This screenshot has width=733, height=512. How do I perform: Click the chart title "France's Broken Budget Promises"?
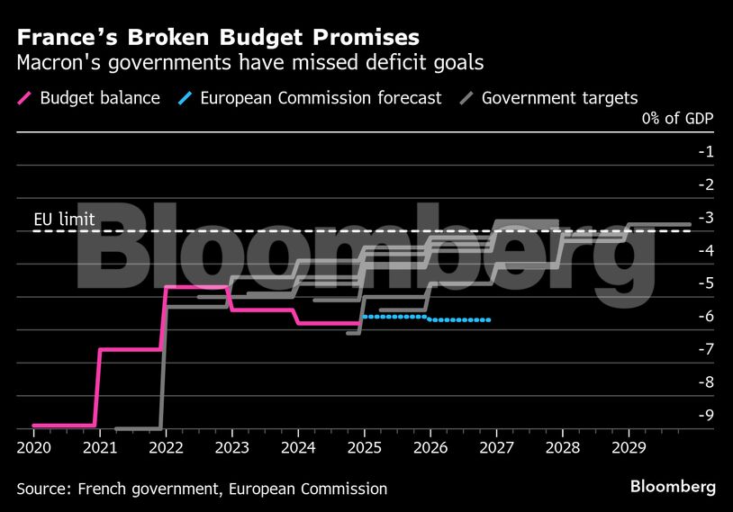[x=217, y=37]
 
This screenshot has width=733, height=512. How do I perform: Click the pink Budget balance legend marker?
[x=24, y=97]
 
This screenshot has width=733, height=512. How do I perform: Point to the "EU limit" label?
[x=64, y=220]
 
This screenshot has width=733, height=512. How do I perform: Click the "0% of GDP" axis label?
[x=678, y=119]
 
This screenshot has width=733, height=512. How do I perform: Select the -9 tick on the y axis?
[x=705, y=415]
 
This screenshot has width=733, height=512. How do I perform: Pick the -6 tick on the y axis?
[x=705, y=316]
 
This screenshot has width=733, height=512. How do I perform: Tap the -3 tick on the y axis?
[x=705, y=217]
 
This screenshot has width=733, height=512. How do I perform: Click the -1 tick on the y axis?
[x=705, y=151]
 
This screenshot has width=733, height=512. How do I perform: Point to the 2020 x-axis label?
[x=33, y=446]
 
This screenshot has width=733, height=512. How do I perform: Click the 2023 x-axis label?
[x=231, y=446]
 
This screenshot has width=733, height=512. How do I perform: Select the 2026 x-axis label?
[x=430, y=446]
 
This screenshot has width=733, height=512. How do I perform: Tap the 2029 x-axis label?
[x=629, y=446]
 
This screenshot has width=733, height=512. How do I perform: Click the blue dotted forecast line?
[x=423, y=317]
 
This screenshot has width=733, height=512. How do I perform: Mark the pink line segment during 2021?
[x=131, y=348]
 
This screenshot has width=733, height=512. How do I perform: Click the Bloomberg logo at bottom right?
[x=674, y=487]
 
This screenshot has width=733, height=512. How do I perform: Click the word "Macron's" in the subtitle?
[x=55, y=63]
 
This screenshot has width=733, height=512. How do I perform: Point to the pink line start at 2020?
[x=34, y=425]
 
